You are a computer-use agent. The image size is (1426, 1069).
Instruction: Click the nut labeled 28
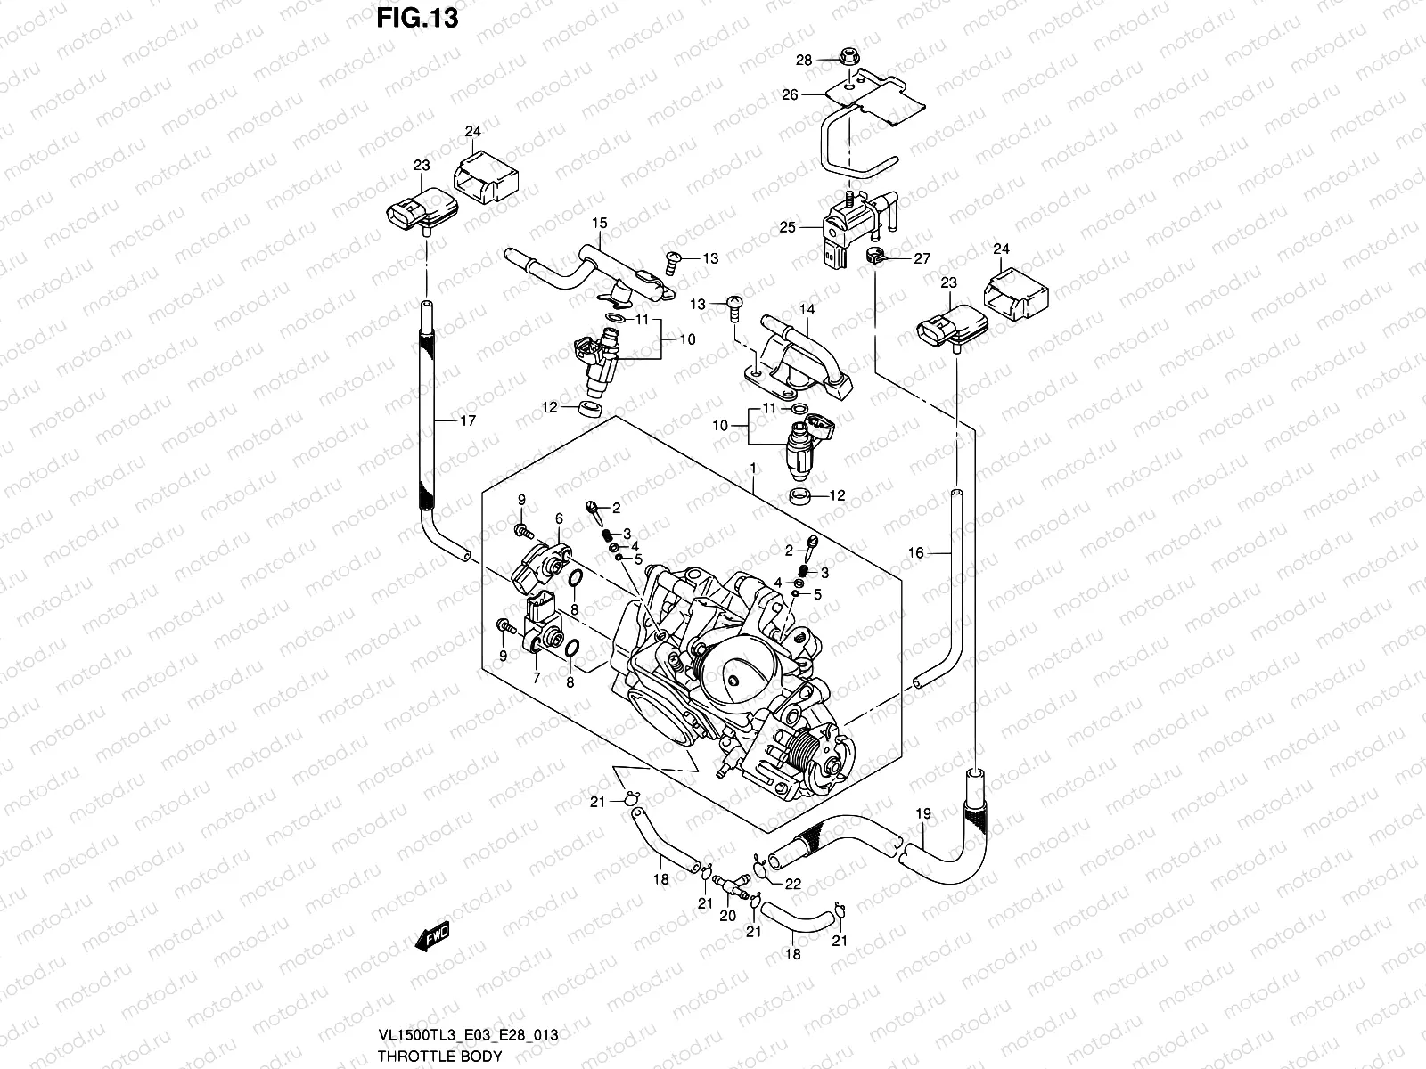[844, 61]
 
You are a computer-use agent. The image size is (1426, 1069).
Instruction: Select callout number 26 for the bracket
[790, 94]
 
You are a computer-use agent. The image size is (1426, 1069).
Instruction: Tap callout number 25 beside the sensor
[787, 228]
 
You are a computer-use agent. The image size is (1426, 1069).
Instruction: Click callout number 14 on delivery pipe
[807, 309]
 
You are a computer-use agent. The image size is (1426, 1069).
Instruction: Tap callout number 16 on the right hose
[915, 553]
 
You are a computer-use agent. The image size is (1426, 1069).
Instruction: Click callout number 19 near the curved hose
[922, 812]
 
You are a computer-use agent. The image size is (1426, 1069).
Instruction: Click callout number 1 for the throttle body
[753, 468]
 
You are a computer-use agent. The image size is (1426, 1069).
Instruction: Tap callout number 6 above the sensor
[559, 518]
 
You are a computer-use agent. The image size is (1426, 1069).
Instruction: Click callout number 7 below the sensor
[536, 678]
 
